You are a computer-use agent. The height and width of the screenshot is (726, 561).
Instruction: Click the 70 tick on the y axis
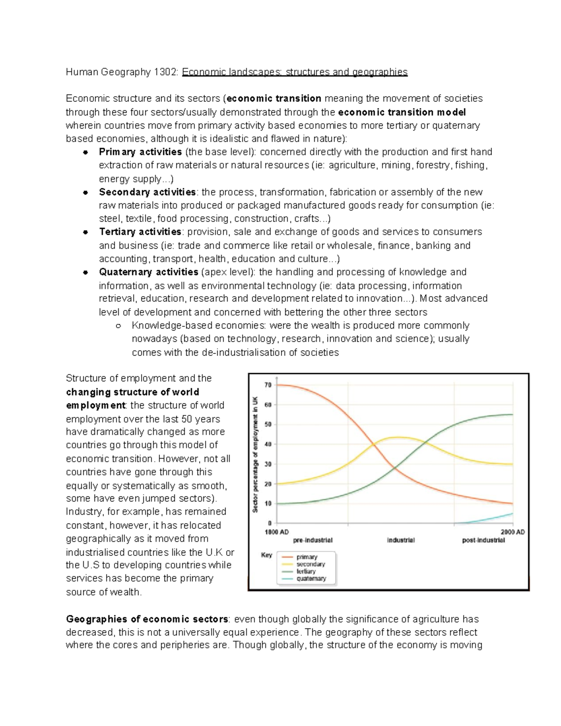268,385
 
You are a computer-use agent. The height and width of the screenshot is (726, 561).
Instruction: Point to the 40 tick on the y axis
268,445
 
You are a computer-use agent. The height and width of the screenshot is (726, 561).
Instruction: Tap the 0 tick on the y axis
270,524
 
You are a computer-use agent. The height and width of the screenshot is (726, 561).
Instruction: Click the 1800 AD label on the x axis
277,532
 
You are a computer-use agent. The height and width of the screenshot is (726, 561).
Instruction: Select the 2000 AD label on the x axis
513,532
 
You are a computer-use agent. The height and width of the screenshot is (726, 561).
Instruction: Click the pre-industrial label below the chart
313,540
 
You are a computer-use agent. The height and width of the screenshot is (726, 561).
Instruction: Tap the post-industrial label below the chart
483,540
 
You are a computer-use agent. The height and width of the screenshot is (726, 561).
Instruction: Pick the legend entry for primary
307,557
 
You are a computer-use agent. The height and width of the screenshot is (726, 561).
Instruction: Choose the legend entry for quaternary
311,579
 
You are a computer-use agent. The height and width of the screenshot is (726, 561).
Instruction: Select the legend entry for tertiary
306,571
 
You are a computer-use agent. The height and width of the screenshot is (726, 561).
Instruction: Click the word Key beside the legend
266,555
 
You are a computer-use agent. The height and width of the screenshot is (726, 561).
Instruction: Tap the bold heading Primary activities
140,152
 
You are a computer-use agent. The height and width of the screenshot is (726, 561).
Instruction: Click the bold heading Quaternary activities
149,272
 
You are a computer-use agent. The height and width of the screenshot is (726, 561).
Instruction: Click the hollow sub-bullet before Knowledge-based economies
118,326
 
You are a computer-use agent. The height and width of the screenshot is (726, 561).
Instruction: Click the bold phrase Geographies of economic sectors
147,619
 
